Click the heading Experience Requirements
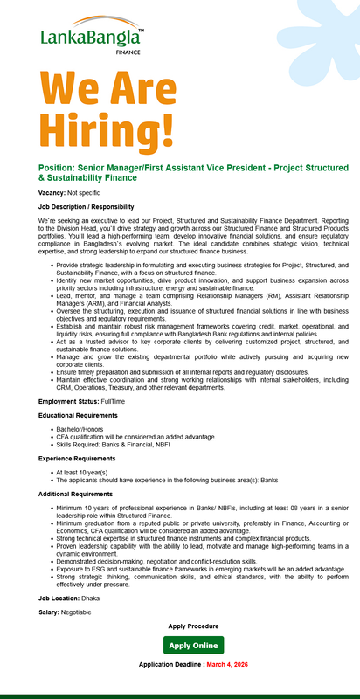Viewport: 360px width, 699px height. pos(82,458)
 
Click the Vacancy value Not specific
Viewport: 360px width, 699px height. pos(84,192)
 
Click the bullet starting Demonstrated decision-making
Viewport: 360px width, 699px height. pos(157,561)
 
